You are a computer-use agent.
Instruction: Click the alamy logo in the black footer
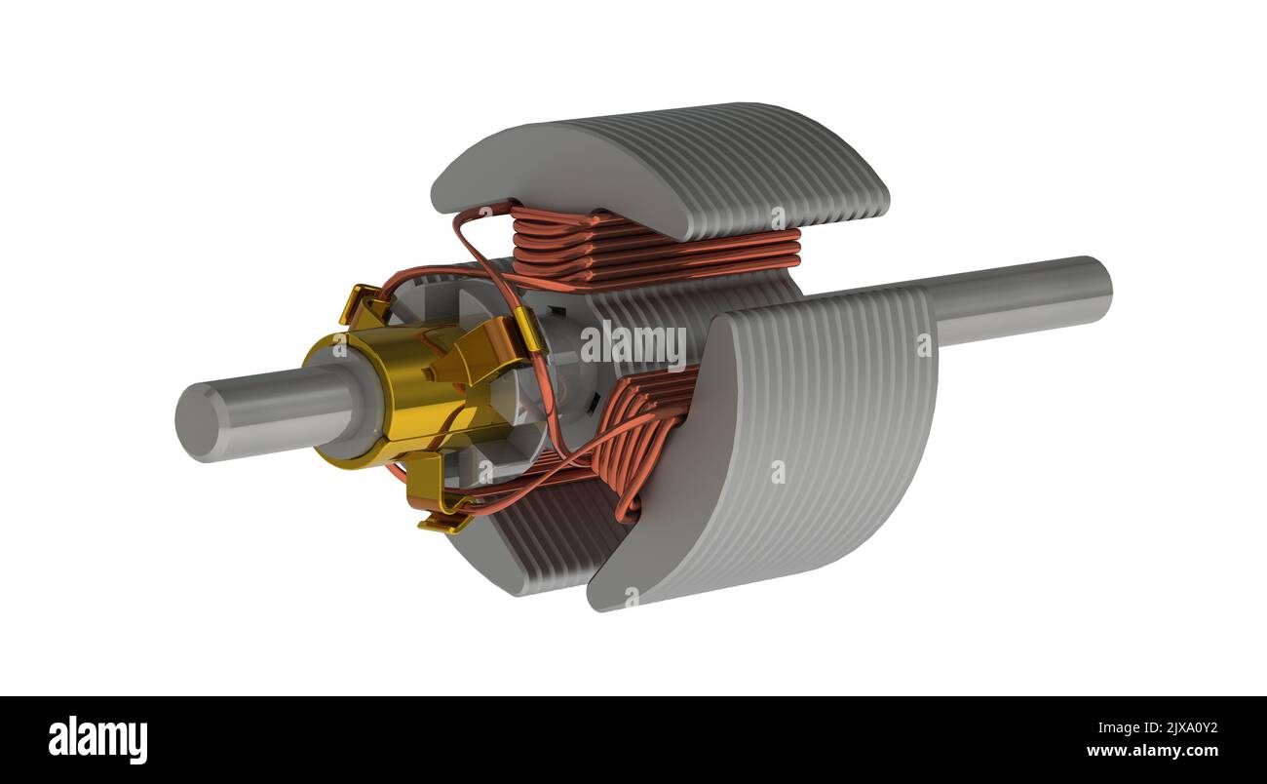pyautogui.click(x=98, y=739)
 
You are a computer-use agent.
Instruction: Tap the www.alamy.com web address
pyautogui.click(x=1150, y=751)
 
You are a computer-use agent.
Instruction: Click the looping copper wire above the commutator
pyautogui.click(x=468, y=244)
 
